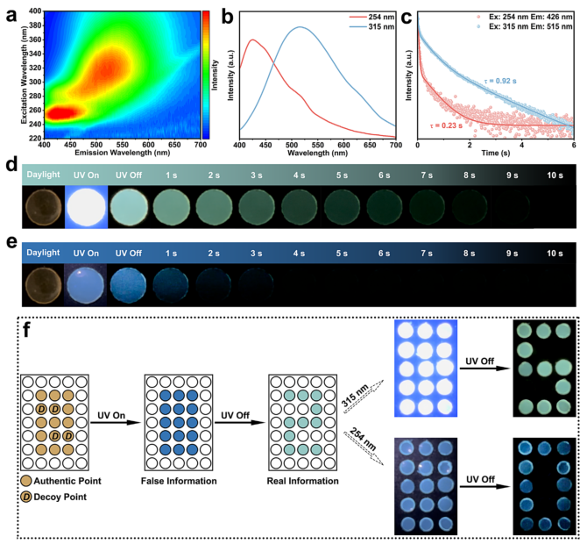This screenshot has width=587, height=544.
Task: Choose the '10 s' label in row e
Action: point(554,253)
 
